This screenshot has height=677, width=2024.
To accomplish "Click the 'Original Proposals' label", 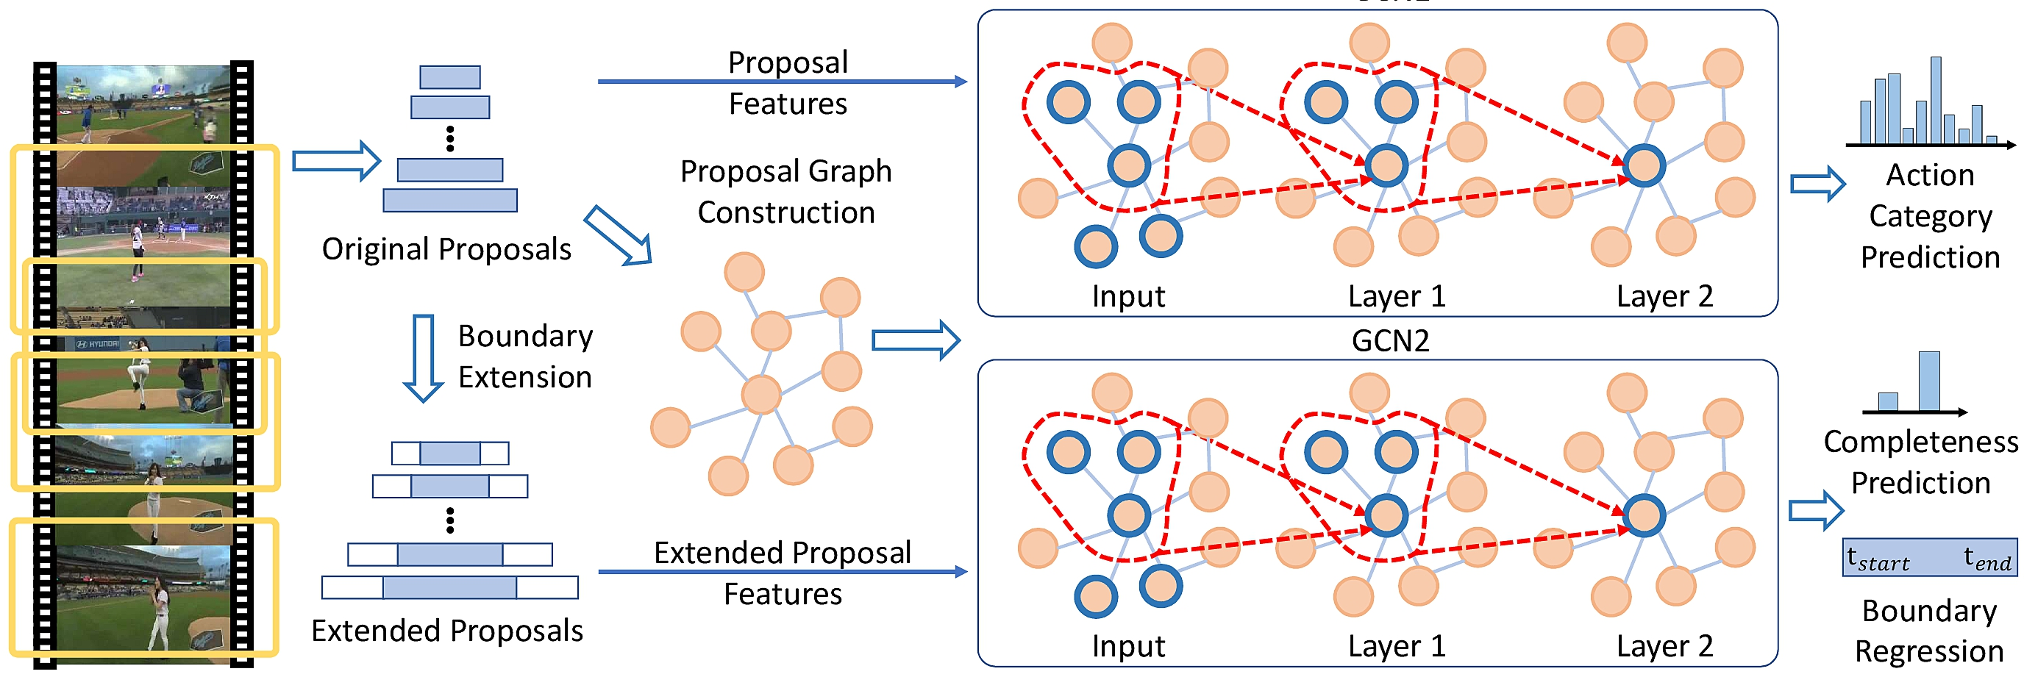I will click(446, 249).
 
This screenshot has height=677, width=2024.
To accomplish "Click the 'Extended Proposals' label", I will click(446, 631).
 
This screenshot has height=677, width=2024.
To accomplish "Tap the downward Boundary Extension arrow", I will click(424, 358).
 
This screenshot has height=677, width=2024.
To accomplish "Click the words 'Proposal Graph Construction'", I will click(785, 192).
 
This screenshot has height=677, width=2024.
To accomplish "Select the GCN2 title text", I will click(1390, 340).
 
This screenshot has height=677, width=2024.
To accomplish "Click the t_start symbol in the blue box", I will click(1878, 559).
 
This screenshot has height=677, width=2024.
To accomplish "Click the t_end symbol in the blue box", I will click(1987, 559).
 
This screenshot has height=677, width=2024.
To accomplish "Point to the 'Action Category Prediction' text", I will click(1930, 216).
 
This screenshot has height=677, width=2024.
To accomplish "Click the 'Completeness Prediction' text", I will click(1920, 462).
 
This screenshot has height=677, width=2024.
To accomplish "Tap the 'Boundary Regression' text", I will click(1929, 631).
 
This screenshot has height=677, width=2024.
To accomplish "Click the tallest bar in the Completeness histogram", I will click(1929, 382).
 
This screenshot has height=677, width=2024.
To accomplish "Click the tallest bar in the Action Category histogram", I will click(1936, 100).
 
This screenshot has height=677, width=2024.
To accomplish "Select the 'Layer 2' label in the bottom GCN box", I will click(1664, 645).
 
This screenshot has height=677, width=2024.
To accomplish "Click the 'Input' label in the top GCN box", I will click(1128, 296).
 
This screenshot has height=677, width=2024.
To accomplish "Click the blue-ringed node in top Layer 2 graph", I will click(1644, 165).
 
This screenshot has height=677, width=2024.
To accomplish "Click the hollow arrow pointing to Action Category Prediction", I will click(1817, 184).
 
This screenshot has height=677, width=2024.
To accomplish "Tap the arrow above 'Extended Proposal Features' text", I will click(782, 572).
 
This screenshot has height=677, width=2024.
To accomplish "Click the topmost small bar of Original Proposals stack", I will click(450, 77).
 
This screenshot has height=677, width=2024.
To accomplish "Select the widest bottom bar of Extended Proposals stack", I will click(450, 587).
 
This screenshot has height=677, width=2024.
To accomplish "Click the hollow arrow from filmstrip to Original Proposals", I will click(336, 161).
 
